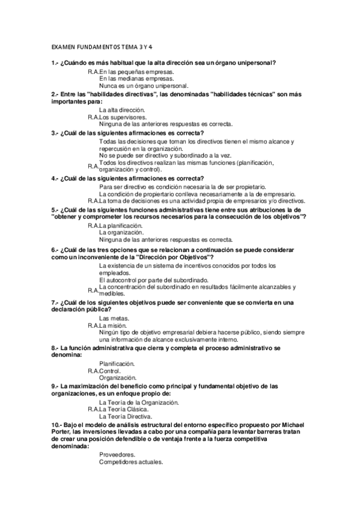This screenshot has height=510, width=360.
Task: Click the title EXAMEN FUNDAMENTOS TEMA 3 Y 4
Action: click(x=102, y=46)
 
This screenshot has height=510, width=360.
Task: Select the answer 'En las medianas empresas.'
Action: click(x=137, y=78)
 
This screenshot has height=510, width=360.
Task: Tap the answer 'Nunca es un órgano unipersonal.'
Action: click(x=144, y=86)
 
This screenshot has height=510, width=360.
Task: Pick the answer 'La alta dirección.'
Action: click(x=122, y=110)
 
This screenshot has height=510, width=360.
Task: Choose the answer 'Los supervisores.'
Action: click(x=127, y=117)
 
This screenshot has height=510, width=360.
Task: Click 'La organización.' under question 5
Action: click(x=121, y=232)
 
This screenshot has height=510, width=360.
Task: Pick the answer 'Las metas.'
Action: click(x=114, y=318)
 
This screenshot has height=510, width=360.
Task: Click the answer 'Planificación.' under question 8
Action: click(x=117, y=363)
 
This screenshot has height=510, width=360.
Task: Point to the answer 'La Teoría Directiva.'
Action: click(x=126, y=416)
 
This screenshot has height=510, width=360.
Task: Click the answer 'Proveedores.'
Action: click(x=117, y=455)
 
